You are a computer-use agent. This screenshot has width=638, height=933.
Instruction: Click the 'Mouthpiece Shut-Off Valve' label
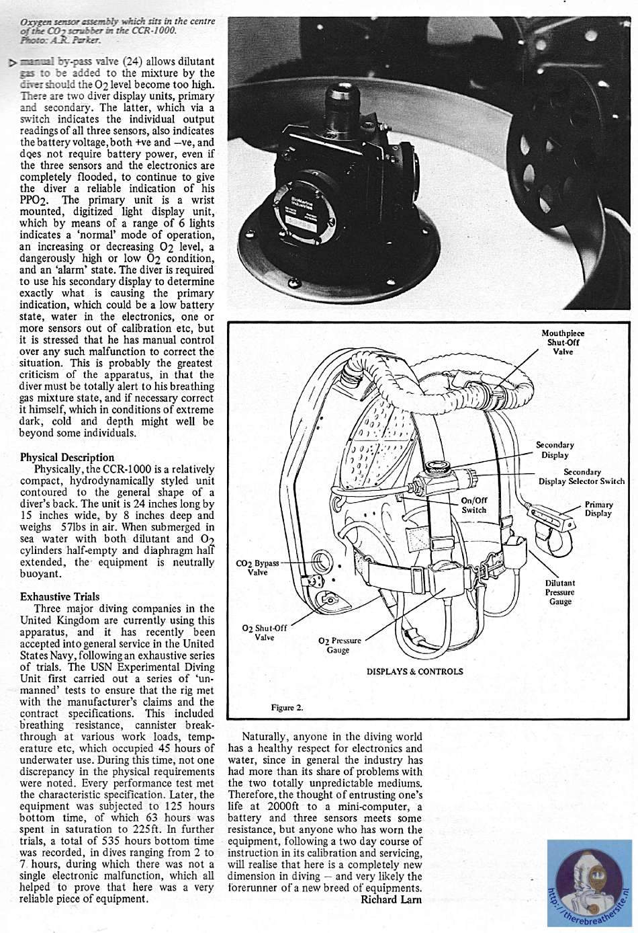(x=563, y=342)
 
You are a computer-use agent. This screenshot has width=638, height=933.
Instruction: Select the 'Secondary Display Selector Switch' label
(x=582, y=477)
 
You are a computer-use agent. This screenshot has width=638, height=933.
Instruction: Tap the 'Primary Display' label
(x=598, y=509)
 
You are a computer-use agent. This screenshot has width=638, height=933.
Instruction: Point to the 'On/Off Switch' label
(x=474, y=505)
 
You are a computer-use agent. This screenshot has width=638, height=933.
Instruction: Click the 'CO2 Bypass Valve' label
(x=257, y=567)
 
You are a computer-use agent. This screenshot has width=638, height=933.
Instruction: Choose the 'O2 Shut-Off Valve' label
(x=264, y=633)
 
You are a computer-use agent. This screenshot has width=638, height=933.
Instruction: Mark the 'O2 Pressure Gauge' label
(x=339, y=645)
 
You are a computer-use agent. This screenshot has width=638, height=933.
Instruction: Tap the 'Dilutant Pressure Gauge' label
(x=560, y=592)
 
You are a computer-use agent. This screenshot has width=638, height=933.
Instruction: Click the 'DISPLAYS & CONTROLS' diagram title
(x=414, y=671)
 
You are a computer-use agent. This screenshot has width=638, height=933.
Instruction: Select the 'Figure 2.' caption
(x=287, y=707)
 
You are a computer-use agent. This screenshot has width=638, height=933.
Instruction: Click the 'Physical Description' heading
(x=67, y=457)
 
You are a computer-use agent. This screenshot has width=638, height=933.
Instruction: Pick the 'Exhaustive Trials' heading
(x=60, y=596)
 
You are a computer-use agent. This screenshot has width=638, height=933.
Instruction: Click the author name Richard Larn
(x=391, y=899)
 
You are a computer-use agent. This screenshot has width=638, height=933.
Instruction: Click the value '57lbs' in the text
(x=73, y=527)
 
